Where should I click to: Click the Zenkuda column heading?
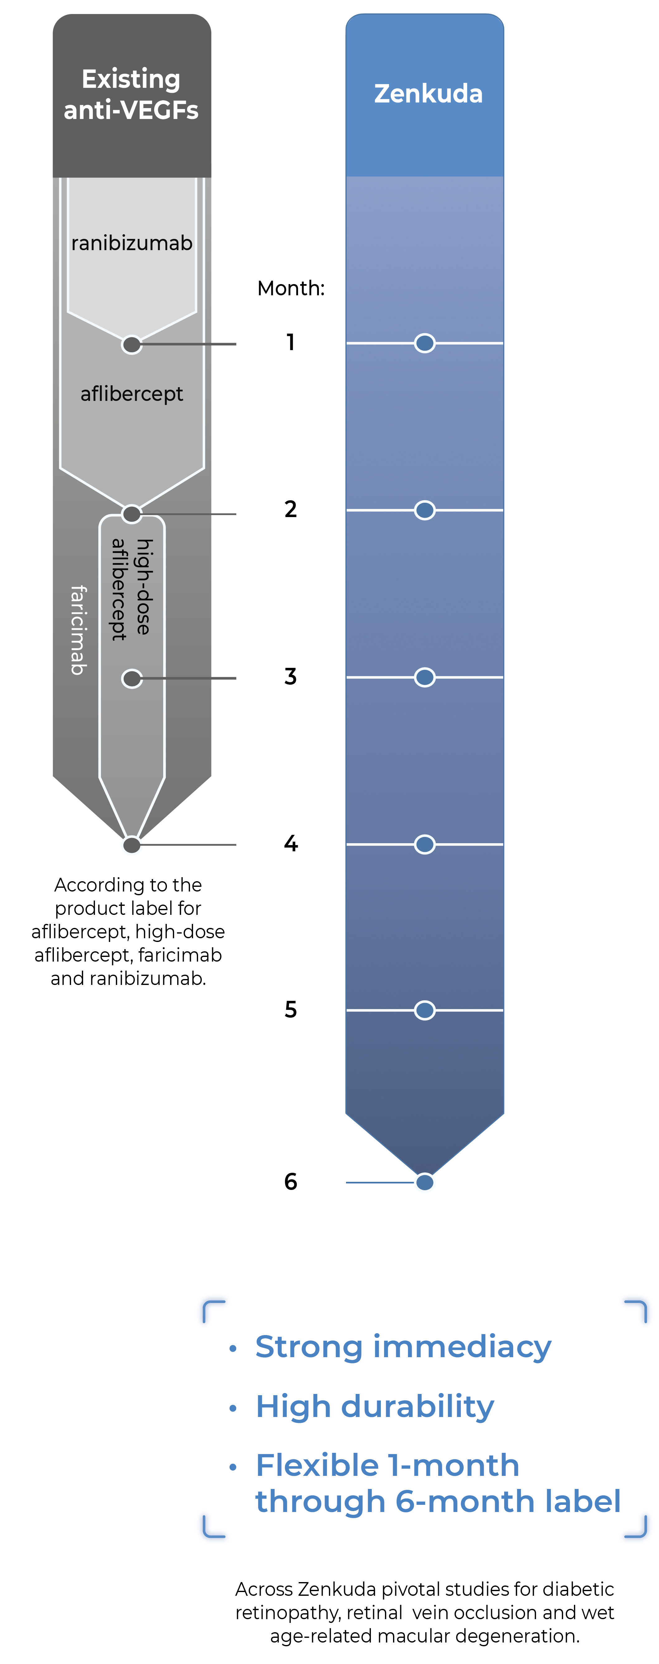[428, 94]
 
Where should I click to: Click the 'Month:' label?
[291, 288]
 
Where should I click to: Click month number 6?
[291, 1181]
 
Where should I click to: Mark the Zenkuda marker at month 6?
[424, 1182]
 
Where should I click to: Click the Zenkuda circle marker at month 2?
[424, 510]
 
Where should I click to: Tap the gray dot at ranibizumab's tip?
[132, 344]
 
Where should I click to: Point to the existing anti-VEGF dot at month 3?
[132, 678]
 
